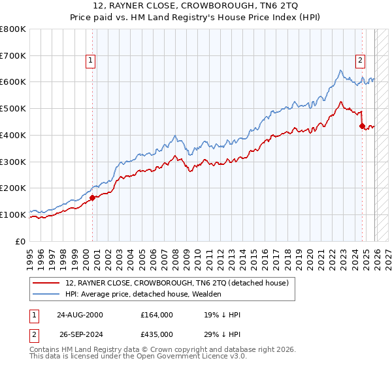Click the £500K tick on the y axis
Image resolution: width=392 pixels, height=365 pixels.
tap(13, 108)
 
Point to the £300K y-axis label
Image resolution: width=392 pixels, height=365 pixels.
tap(13, 161)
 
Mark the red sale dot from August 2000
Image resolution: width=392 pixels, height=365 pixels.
tap(93, 197)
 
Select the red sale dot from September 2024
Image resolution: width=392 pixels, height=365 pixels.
tap(362, 126)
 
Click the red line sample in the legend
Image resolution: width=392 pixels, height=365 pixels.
tap(46, 283)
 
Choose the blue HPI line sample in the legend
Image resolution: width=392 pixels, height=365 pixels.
tap(46, 294)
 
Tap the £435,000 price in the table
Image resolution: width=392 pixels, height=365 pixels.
tap(157, 334)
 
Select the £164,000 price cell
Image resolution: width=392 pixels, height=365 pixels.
tap(157, 315)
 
